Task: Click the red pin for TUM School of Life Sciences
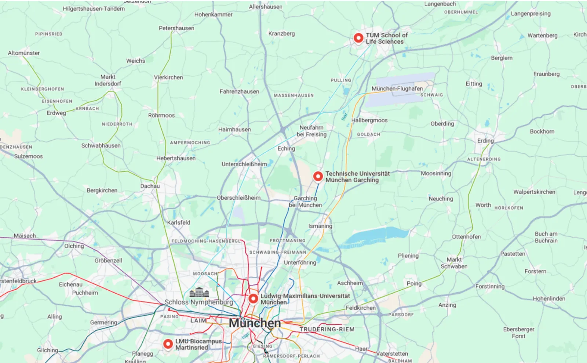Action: click(x=358, y=38)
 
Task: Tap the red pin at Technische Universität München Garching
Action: click(x=318, y=176)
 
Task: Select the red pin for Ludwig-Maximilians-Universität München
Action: click(x=253, y=298)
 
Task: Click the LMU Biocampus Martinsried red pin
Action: click(x=168, y=344)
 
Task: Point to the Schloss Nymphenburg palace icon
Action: click(x=199, y=293)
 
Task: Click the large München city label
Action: click(x=255, y=323)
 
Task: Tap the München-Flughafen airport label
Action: click(x=397, y=88)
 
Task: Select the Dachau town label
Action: click(x=150, y=186)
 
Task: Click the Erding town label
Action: click(x=485, y=141)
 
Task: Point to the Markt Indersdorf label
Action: click(x=107, y=80)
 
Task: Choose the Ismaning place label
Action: click(x=320, y=226)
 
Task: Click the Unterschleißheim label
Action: click(x=244, y=164)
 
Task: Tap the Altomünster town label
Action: click(x=24, y=53)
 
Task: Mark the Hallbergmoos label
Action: click(x=369, y=120)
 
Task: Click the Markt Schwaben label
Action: click(x=454, y=263)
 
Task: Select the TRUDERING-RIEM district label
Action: click(x=327, y=329)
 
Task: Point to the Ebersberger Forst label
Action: click(x=518, y=333)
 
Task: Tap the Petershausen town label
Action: click(x=176, y=28)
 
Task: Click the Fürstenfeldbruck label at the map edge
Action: click(x=18, y=281)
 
